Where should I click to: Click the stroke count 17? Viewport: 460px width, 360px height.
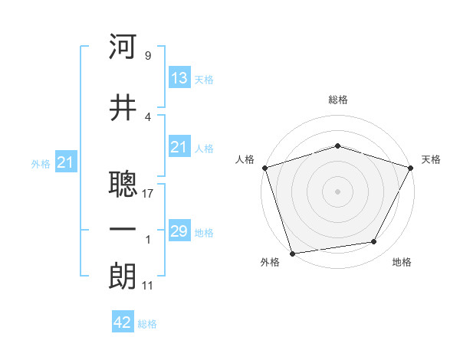pyautogui.click(x=148, y=193)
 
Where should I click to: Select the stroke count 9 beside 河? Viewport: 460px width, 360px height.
pyautogui.click(x=148, y=56)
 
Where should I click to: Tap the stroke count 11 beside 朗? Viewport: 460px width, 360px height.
pyautogui.click(x=148, y=286)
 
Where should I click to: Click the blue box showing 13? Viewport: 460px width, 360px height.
pyautogui.click(x=179, y=77)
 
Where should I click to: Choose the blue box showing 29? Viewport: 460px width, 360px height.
pyautogui.click(x=179, y=231)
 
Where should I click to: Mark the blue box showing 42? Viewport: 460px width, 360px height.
pyautogui.click(x=123, y=322)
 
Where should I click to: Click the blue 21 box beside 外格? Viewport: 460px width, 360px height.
pyautogui.click(x=66, y=162)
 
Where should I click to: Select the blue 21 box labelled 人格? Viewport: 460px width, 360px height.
pyautogui.click(x=179, y=147)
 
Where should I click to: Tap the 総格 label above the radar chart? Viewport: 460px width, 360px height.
pyautogui.click(x=338, y=100)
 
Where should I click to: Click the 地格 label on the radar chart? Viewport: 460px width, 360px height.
pyautogui.click(x=402, y=263)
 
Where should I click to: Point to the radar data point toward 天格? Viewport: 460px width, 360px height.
pyautogui.click(x=412, y=167)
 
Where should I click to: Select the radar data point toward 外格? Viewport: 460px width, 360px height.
pyautogui.click(x=292, y=253)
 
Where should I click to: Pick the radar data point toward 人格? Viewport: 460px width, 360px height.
pyautogui.click(x=264, y=167)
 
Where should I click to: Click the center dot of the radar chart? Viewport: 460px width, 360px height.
pyautogui.click(x=338, y=191)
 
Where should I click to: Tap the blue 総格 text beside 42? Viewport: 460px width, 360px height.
pyautogui.click(x=147, y=324)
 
